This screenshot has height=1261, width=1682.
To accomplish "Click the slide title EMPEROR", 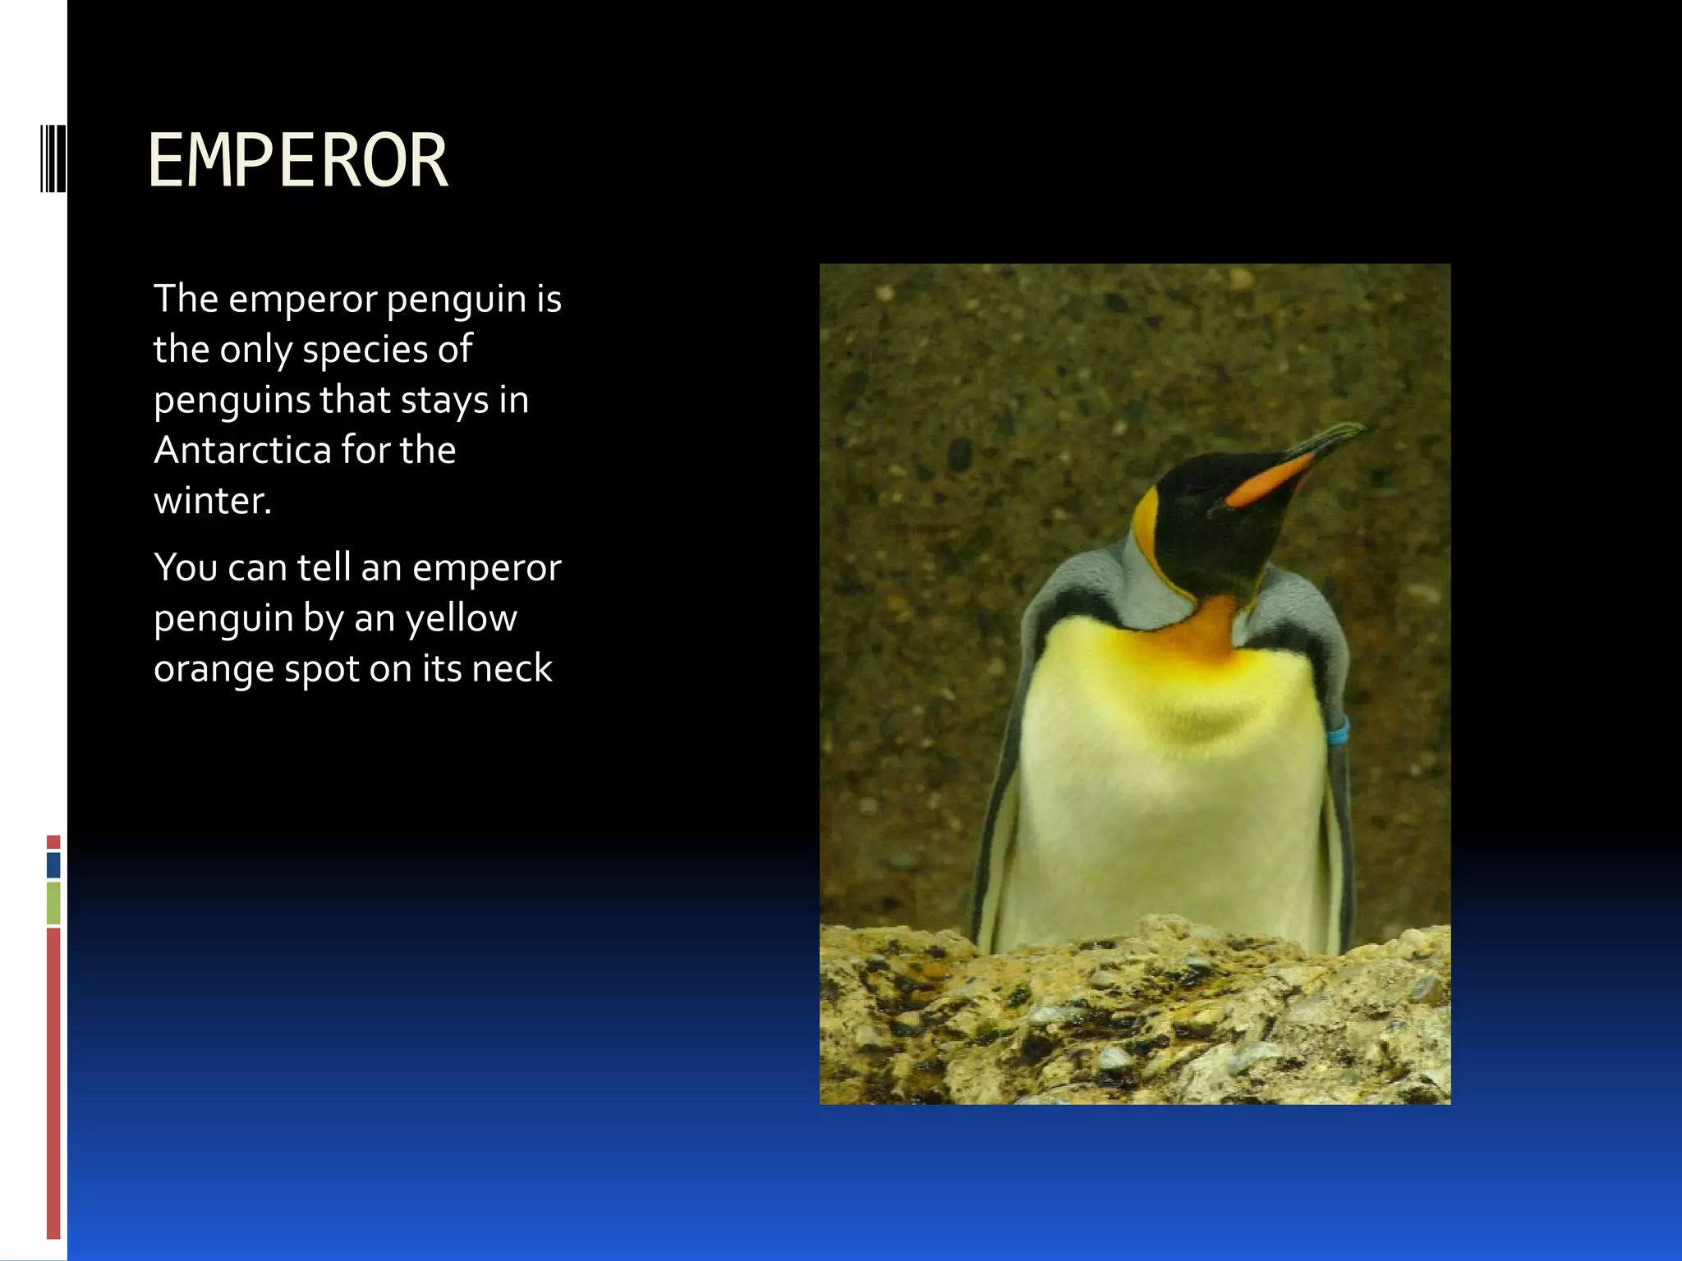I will pyautogui.click(x=297, y=161).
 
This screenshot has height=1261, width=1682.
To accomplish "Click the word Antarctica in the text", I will pyautogui.click(x=241, y=450).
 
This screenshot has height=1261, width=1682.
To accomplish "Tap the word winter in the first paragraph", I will pyautogui.click(x=211, y=501).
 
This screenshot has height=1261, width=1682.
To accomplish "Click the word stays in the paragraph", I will pyautogui.click(x=443, y=401).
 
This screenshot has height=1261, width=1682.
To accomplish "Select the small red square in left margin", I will pyautogui.click(x=53, y=842).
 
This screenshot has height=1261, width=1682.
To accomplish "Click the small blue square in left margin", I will pyautogui.click(x=53, y=864).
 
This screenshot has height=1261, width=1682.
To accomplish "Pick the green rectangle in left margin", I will pyautogui.click(x=53, y=902).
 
